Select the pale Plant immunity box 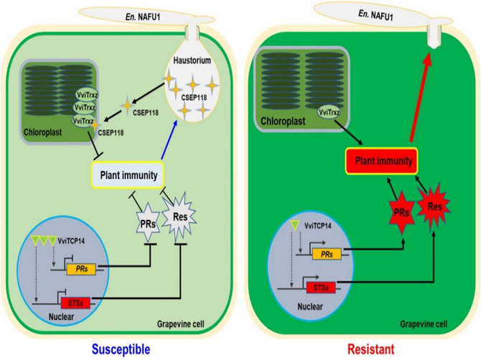128,173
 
